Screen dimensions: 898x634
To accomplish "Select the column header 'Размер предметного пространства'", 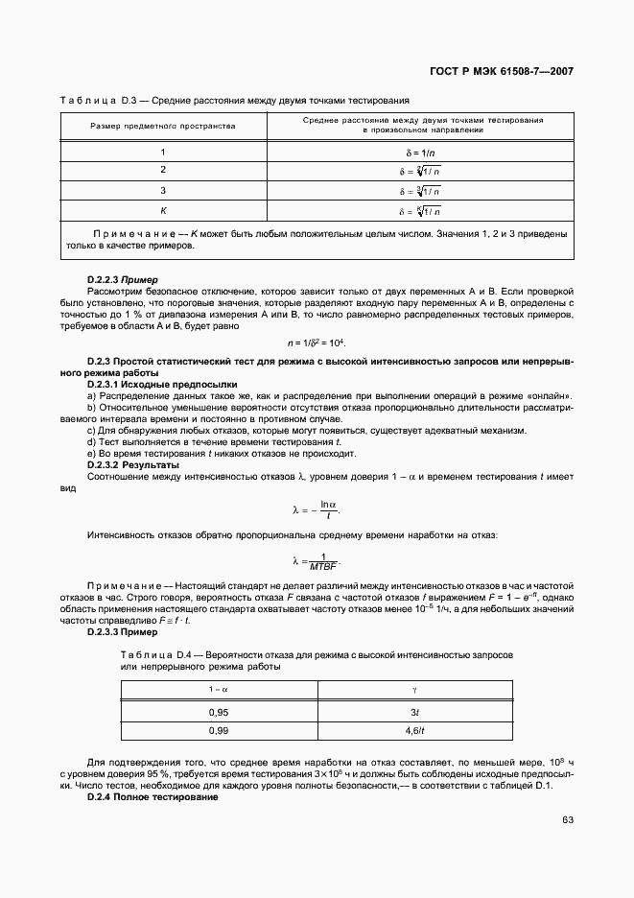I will (x=162, y=126).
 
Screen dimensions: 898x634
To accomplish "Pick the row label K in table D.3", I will (x=163, y=210).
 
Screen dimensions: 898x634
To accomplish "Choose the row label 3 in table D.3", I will (x=163, y=190).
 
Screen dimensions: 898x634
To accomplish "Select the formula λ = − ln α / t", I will (x=317, y=508).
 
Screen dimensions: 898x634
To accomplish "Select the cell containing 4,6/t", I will (x=413, y=731).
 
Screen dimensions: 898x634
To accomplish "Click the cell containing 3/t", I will (x=413, y=712).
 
